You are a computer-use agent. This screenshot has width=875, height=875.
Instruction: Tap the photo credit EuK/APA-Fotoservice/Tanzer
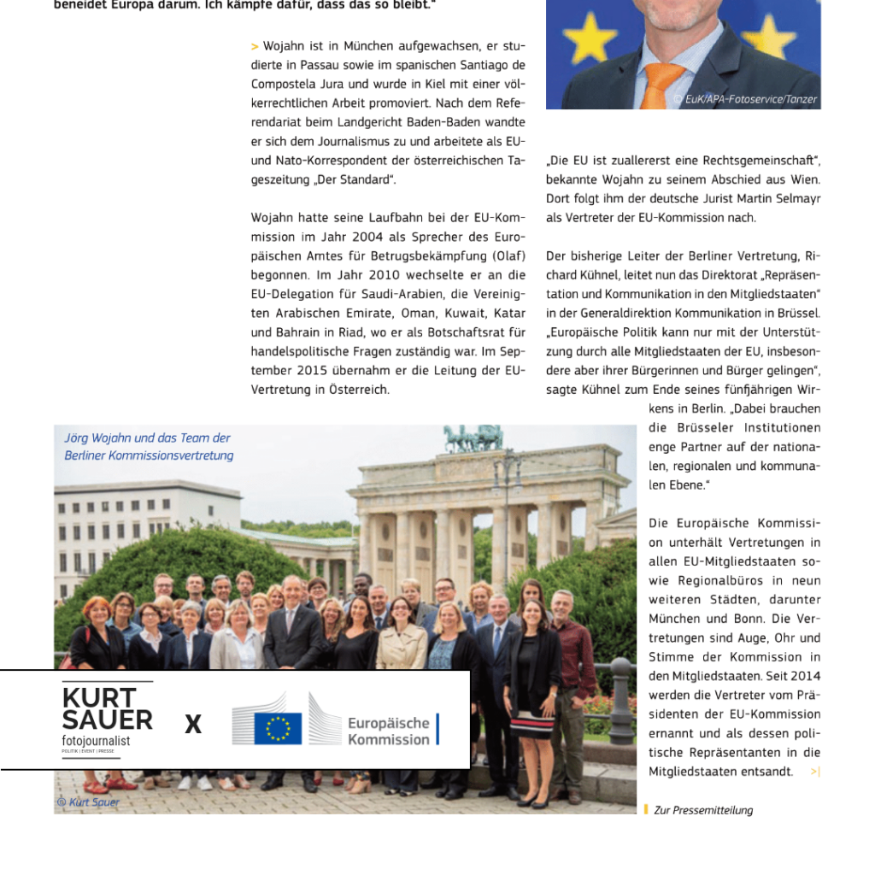pos(745,99)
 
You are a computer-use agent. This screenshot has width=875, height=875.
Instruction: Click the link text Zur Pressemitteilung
pos(703,810)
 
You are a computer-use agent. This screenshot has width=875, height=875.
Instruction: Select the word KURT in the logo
pos(98,698)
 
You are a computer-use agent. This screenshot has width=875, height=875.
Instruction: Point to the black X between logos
pos(194,725)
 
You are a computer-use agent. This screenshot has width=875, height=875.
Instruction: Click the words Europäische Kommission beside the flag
pos(388,731)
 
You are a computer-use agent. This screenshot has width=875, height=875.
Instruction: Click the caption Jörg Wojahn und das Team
pos(147,437)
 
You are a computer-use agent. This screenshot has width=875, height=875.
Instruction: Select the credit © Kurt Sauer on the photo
pos(88,802)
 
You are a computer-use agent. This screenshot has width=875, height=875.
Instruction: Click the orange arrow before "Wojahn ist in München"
pos(255,46)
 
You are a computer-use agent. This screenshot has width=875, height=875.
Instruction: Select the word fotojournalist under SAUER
pos(96,740)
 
